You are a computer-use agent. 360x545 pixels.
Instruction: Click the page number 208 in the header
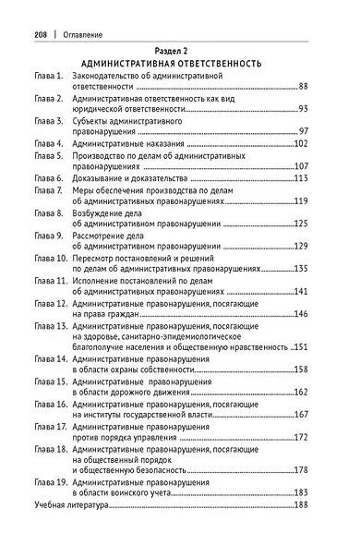42,33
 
